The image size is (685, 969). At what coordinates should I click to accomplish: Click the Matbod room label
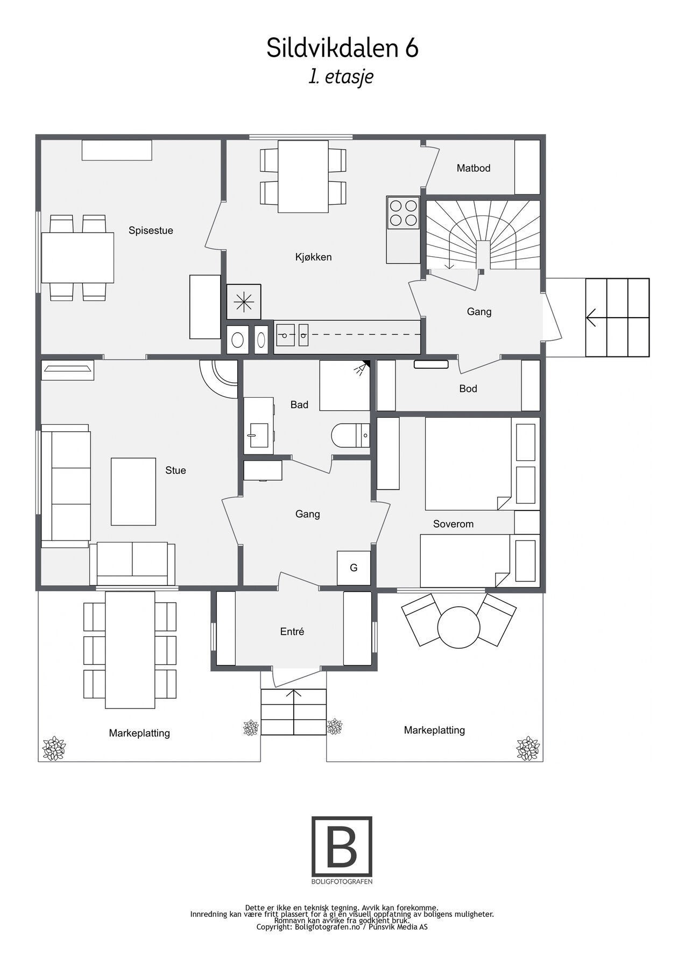(473, 168)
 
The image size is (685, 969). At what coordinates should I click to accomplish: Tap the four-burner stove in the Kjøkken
(402, 213)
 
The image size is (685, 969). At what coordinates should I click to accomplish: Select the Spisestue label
(151, 230)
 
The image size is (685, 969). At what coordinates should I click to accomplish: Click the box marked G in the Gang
(354, 568)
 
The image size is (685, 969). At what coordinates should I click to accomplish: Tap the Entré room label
(292, 631)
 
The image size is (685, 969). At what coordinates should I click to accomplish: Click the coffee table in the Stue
(133, 491)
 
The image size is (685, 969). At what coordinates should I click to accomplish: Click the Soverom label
(453, 524)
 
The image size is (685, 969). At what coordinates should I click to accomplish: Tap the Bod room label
(468, 389)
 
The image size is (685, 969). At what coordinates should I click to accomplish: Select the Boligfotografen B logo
(342, 847)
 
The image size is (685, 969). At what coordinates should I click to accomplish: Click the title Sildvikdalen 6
(342, 48)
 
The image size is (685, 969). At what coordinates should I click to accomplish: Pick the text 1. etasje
(341, 76)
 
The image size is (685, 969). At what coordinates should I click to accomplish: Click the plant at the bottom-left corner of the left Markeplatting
(54, 749)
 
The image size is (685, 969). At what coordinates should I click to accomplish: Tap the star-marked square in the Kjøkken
(244, 303)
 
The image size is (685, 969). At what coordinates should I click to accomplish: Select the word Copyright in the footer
(274, 927)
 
